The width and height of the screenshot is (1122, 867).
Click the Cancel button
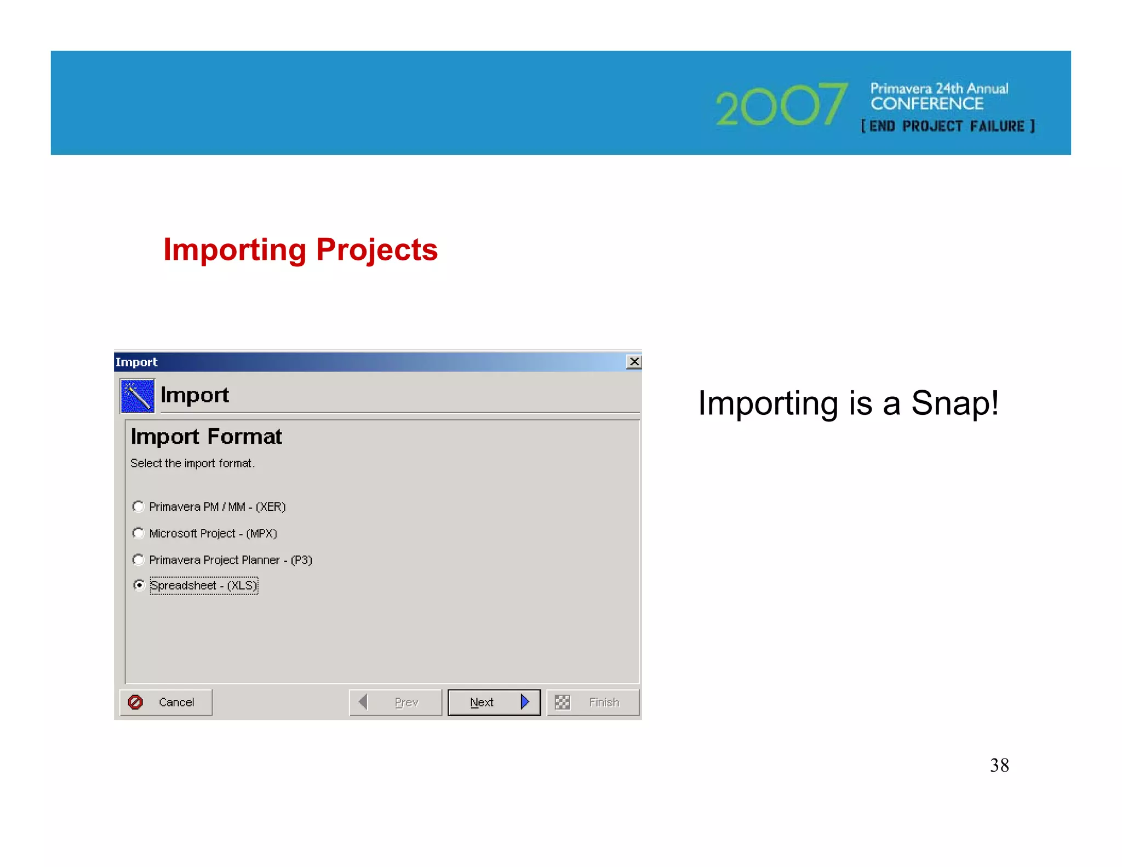coord(165,702)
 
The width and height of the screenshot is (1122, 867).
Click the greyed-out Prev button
coord(396,702)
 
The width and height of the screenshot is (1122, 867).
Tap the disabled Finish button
coord(593,702)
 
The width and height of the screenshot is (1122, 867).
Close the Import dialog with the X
coord(634,362)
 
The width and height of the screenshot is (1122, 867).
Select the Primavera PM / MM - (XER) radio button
coord(139,506)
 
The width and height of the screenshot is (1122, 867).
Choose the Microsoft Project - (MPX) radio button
coord(139,533)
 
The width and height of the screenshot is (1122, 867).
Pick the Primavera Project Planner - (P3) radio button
coord(139,560)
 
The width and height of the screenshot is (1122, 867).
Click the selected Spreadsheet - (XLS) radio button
coord(139,585)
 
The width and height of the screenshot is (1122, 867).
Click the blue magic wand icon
coord(137,396)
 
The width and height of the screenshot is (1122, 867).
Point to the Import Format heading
coord(206,437)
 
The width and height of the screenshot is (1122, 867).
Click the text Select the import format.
coord(192,463)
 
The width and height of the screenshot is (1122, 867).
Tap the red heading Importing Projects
coord(300,250)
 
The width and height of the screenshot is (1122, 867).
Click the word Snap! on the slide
coord(954,403)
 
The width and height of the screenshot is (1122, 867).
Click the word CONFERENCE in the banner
coord(927,104)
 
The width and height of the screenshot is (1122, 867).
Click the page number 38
coord(999,765)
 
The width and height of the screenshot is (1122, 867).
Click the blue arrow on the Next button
coord(524,701)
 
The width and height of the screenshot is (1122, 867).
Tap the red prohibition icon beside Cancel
coord(135,702)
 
